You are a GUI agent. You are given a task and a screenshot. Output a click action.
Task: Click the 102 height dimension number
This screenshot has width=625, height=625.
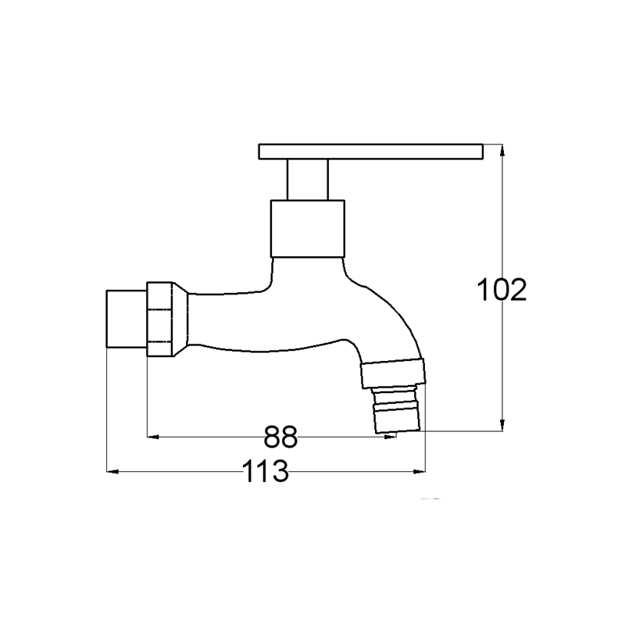502,290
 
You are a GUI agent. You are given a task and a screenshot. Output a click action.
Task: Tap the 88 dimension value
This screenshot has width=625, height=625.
280,437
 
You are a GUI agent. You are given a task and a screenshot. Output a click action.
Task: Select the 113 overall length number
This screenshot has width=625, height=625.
265,471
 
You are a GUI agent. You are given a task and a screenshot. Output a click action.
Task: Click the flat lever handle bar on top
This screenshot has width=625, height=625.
370,152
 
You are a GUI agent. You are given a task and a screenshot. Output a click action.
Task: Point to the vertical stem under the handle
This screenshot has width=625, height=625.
307,180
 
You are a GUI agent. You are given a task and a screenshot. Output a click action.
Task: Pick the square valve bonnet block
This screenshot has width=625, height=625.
307,229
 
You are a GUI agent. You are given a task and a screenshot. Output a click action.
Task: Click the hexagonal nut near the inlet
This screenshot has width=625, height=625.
160,319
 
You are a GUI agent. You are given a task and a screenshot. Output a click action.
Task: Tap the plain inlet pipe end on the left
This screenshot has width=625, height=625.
127,319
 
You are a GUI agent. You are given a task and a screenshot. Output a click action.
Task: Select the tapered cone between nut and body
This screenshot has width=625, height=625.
180,319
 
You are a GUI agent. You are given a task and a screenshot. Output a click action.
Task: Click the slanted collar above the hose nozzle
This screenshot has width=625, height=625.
394,373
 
